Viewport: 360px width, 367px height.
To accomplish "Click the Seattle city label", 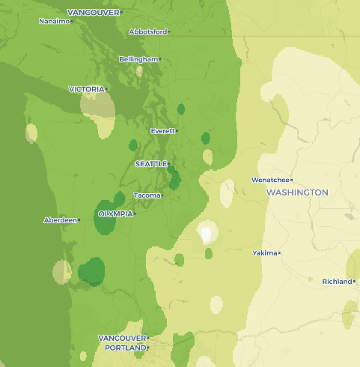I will coord(151,163).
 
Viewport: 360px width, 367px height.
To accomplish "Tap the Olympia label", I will coord(115,213).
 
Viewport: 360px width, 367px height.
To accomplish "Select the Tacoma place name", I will coord(147,195).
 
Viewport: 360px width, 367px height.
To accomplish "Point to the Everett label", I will coord(162,131).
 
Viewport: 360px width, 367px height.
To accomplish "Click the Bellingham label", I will coord(138,59).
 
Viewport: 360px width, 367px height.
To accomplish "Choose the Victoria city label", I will coord(86,89).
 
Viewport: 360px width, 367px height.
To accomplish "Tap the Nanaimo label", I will coord(54,21).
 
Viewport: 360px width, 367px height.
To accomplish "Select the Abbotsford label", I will coord(147,32).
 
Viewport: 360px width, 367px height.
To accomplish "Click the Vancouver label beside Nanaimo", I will coord(93,13).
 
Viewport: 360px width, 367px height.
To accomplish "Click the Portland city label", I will coord(123,348).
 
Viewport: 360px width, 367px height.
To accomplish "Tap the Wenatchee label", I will coord(269,180).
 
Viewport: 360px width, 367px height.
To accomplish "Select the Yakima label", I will coord(264,253).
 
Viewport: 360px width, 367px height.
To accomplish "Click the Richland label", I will coord(337,282).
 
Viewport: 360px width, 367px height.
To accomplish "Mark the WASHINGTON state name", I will coord(297,192).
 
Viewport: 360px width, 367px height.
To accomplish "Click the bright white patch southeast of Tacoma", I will coord(205,234).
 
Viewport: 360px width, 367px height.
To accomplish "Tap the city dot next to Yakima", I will coord(280,253).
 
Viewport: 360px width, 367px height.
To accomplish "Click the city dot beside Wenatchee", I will coord(291,180).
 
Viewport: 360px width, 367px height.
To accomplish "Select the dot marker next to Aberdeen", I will coord(79,220).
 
